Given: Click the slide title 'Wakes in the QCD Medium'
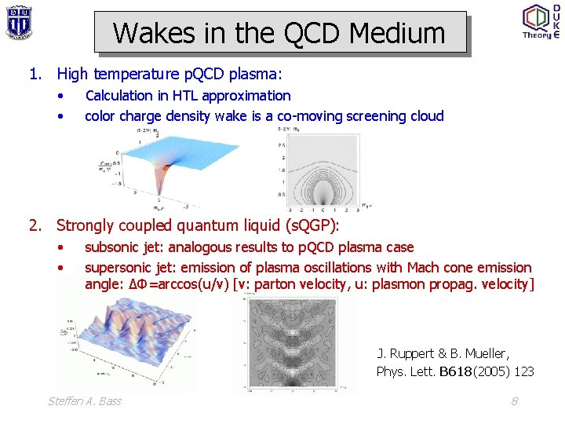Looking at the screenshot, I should click(279, 33).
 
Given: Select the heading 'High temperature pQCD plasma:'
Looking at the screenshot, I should click(169, 75).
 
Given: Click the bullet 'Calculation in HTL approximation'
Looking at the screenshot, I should click(188, 96).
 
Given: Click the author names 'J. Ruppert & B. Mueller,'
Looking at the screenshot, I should click(443, 354).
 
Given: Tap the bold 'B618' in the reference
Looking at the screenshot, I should click(456, 372).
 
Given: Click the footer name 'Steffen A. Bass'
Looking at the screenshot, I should click(85, 401).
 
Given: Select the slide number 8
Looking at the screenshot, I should click(515, 401).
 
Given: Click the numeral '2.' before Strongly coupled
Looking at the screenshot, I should click(35, 226).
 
